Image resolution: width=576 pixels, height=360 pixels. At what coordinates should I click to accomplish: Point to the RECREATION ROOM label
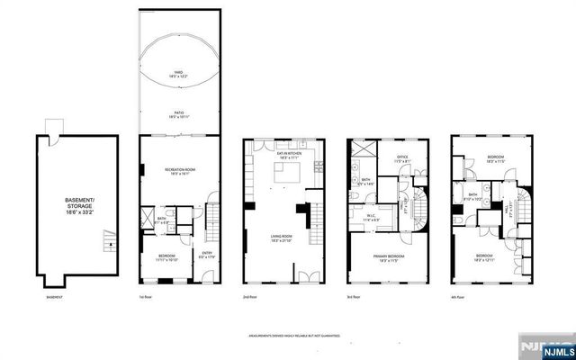pos(180,172)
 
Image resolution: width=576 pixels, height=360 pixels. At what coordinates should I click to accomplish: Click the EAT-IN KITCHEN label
pos(289,156)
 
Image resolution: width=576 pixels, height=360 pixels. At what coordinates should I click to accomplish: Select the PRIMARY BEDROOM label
pos(389,258)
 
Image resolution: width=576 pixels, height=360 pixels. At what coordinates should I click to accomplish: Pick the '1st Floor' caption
pos(145,297)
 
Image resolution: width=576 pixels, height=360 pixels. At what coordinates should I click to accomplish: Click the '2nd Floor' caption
pos(250,297)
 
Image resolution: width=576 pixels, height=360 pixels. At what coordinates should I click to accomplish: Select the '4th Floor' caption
pos(461,297)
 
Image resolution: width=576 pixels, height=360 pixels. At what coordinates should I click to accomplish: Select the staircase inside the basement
pos(109,241)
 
